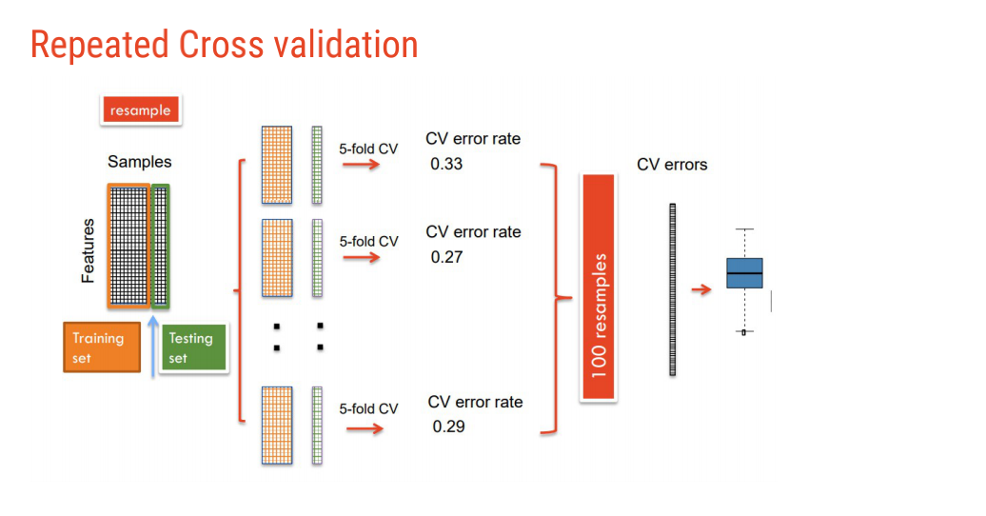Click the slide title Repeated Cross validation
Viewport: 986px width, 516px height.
[x=224, y=45]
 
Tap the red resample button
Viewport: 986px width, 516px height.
[x=140, y=110]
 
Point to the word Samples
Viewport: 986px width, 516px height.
[x=139, y=163]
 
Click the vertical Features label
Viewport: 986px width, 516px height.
[x=89, y=250]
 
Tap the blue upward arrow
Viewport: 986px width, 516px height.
[x=153, y=343]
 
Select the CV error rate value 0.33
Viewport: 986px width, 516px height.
[x=446, y=164]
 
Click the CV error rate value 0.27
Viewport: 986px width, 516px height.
[x=446, y=257]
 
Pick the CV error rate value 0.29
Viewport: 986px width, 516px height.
[x=448, y=427]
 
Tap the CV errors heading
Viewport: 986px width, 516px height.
[x=672, y=165]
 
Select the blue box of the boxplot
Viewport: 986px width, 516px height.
[x=744, y=273]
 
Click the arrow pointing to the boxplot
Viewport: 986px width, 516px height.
[x=701, y=289]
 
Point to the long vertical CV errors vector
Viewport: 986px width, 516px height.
[x=673, y=289]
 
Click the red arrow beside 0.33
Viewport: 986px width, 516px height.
[x=361, y=165]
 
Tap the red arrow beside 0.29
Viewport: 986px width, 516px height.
[x=365, y=428]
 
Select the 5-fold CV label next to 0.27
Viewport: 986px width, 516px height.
[x=368, y=242]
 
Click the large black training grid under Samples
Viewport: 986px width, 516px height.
[x=128, y=246]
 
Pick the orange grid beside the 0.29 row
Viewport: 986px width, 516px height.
[x=277, y=425]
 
